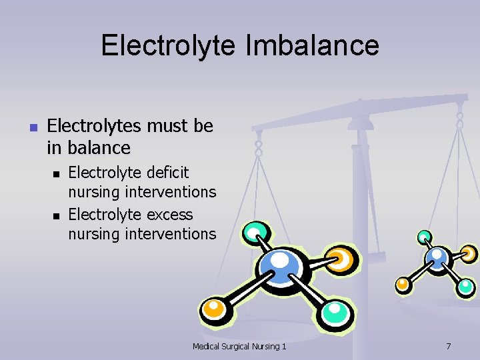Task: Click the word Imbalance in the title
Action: coord(319,46)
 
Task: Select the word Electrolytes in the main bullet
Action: coord(93,125)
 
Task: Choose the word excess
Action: coord(170,215)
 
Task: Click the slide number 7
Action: coord(448,347)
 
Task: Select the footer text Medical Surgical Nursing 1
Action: coord(239,347)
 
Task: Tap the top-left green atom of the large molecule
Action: coord(255,233)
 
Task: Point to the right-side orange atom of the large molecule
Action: coord(340,259)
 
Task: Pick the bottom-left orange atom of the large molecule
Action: coord(215,309)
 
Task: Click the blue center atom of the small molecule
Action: coord(437,256)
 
